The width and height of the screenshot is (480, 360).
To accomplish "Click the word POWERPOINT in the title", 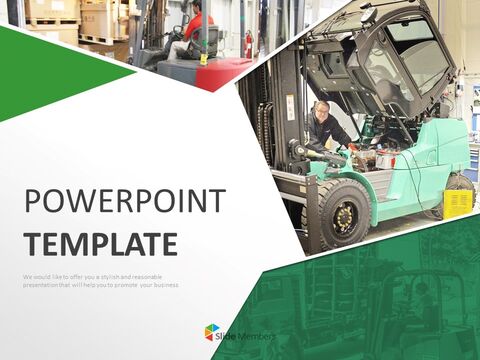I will coord(125,202).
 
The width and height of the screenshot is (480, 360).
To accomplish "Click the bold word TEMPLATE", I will coord(101,243).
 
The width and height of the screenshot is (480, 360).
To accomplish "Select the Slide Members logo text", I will coord(246,333).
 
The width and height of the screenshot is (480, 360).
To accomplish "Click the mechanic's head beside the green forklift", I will coord(321,109).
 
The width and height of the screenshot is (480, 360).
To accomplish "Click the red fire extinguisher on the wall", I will coord(248,43).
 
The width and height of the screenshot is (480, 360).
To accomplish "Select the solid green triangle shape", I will coord(50,70).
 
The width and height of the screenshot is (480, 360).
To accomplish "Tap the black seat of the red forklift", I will coord(206,40).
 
